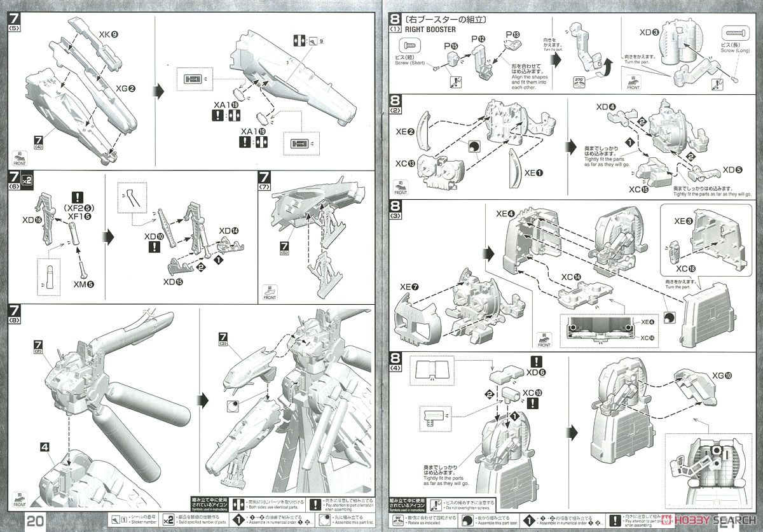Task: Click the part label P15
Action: point(451,46)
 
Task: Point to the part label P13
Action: point(512,33)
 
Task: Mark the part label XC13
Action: point(404,164)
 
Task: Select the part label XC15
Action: point(639,190)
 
